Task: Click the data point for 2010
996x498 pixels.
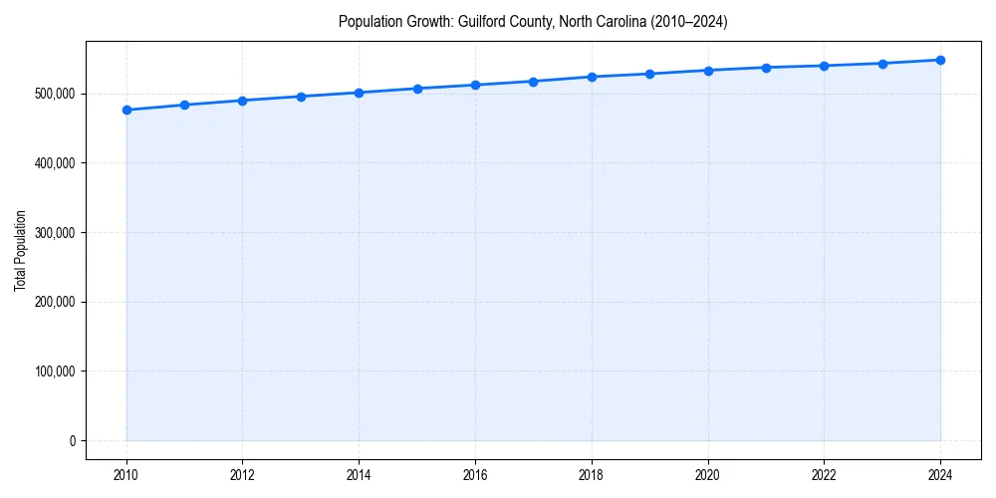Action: pos(126,110)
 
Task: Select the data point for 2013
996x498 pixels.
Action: pos(301,97)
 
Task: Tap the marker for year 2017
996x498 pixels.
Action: pos(534,82)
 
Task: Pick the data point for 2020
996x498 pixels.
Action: pos(708,71)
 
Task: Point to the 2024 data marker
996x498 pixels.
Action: pos(940,60)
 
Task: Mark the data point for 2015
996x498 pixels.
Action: pos(417,89)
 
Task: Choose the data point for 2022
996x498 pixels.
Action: pos(824,66)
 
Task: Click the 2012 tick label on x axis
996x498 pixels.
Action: pos(243,475)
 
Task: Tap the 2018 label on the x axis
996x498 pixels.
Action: pos(592,475)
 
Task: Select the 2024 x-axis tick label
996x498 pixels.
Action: pos(940,475)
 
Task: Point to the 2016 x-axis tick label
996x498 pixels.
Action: pos(475,475)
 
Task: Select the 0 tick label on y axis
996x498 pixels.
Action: pos(73,441)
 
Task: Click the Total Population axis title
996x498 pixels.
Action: pos(20,250)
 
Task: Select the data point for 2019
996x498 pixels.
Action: pos(649,74)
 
